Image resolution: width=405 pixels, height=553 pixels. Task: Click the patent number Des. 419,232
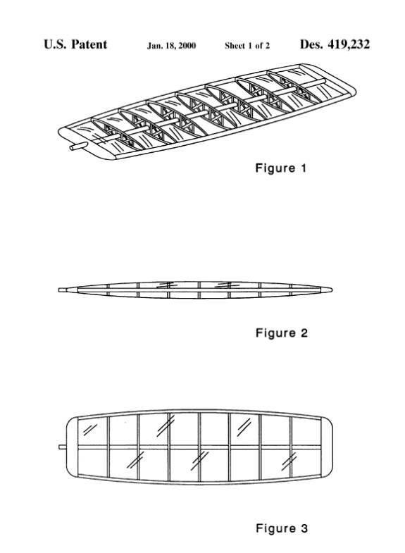pos(335,44)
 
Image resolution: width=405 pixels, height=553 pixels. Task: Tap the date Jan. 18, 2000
pos(171,46)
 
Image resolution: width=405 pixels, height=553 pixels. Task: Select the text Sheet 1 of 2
pos(247,46)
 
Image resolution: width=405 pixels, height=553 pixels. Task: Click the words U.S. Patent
pos(75,44)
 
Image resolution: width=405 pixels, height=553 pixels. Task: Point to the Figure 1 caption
pos(280,168)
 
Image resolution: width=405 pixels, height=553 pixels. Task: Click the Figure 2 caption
pos(281,333)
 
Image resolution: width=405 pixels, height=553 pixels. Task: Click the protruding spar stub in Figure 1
pos(78,147)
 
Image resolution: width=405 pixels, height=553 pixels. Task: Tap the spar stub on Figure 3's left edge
pos(63,447)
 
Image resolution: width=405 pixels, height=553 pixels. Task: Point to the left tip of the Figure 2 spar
pos(60,290)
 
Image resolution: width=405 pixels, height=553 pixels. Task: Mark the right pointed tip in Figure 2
pos(331,290)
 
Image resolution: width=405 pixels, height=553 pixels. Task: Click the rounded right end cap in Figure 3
pos(326,447)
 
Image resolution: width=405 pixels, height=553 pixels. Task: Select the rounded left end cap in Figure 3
pos(73,447)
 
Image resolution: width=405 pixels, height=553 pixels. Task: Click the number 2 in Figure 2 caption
pos(304,333)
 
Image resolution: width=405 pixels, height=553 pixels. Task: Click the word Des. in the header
pos(311,44)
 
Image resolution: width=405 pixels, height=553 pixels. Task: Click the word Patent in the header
pos(89,44)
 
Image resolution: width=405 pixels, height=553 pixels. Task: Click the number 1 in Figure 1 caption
pos(303,168)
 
